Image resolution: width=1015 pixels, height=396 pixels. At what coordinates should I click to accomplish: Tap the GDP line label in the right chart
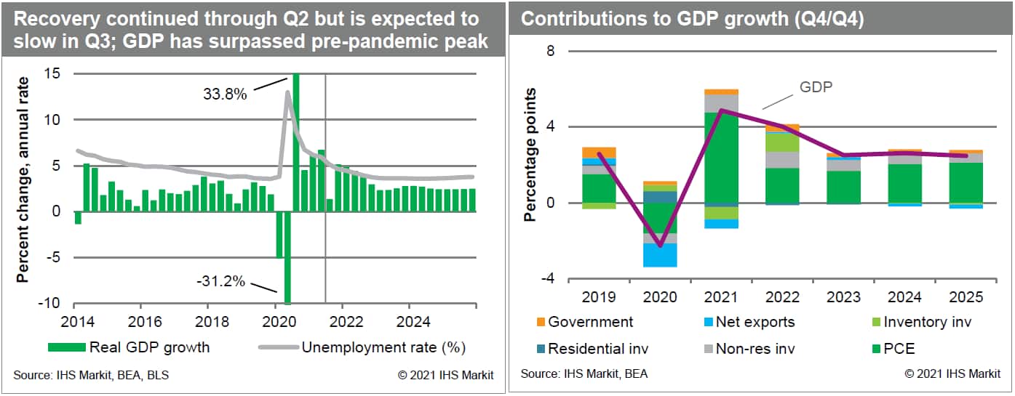coord(816,86)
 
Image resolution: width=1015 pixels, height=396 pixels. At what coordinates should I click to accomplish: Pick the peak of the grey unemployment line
coord(287,92)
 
